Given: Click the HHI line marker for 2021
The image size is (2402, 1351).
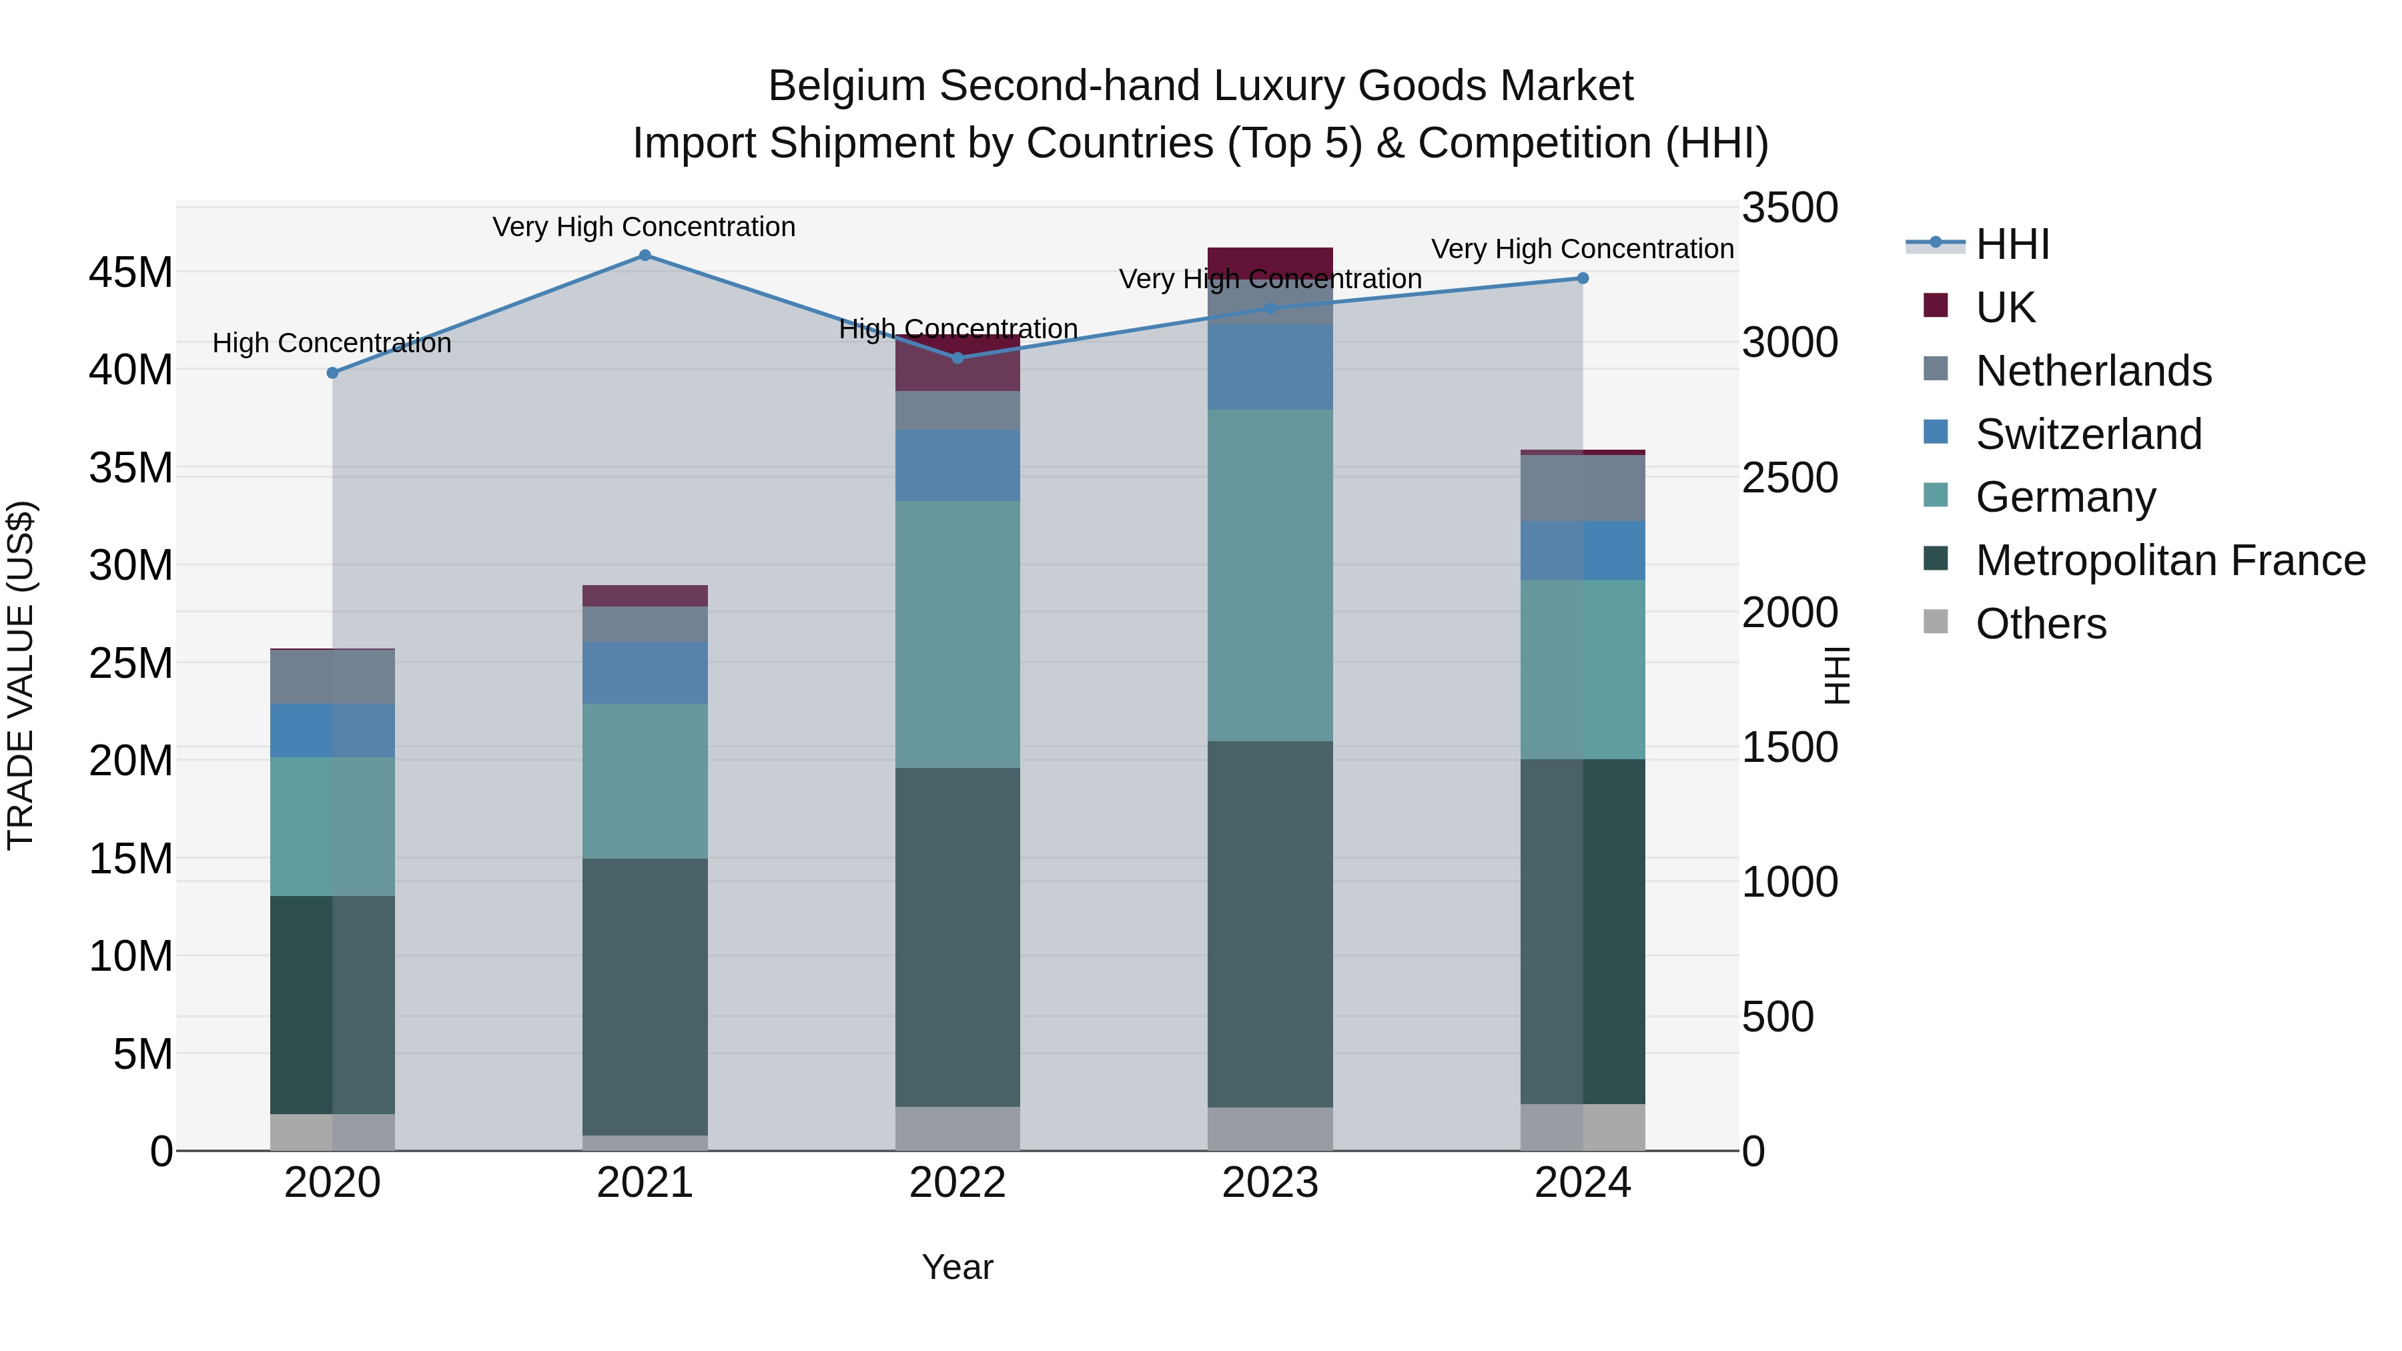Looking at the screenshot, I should pos(645,256).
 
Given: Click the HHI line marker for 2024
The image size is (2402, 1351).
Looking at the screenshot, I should pos(1583,278).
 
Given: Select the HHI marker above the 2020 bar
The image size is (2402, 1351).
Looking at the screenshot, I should pos(333,373).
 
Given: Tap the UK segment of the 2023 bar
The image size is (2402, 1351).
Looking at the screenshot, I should pos(1270,261).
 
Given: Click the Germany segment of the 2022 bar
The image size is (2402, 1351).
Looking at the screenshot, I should pos(957,634).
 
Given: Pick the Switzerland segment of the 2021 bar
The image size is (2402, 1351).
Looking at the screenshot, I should pos(645,672).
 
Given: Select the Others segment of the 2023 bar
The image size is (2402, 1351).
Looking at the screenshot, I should pos(1270,1128).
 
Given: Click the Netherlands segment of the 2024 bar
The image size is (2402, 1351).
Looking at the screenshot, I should pos(1583,488).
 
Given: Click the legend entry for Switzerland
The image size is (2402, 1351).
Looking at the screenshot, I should pos(2088,434).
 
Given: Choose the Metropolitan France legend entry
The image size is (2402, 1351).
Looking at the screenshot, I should pos(2170,560).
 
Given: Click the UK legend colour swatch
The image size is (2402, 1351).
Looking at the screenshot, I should pos(1936,306).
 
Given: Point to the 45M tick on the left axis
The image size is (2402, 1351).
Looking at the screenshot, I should pos(131,273).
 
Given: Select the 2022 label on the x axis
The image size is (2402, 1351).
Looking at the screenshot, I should pos(957,1183).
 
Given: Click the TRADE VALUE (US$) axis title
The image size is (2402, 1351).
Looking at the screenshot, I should pos(21,675).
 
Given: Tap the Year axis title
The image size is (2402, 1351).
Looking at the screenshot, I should pos(957,1267).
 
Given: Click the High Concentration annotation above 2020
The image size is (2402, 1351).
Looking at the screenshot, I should pos(332,343).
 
